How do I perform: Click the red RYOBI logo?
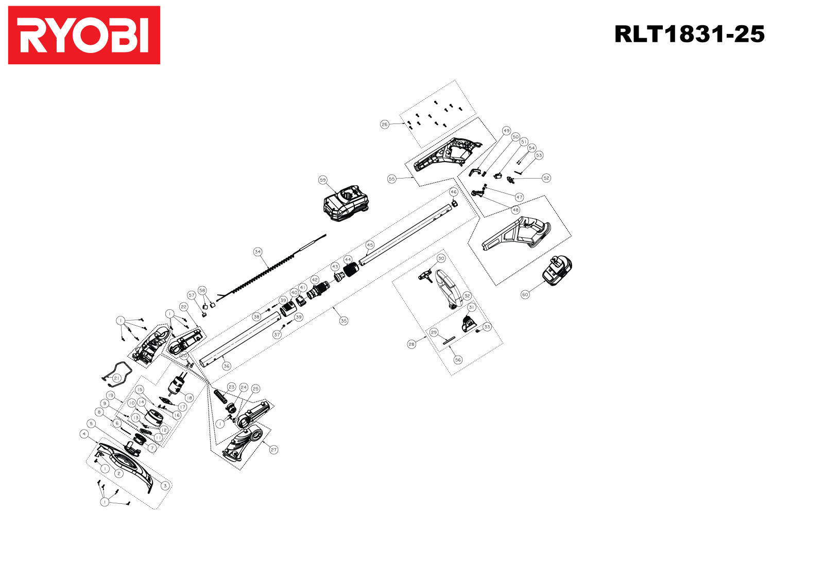coord(84,35)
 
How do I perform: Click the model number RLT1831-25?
coord(689,34)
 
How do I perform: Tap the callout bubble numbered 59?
coord(322,180)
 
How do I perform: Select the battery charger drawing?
coord(346,204)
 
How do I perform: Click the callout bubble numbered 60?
coord(525,295)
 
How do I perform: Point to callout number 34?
coord(257,252)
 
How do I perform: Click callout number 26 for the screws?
coord(384,125)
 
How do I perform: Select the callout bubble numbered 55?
coord(391,179)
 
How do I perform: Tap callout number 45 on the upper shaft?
coord(370,245)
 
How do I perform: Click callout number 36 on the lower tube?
coord(226,366)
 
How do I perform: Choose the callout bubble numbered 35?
coord(344,321)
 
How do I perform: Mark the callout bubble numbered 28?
coord(411,344)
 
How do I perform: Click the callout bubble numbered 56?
coord(458,360)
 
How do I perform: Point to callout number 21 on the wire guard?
coord(116,378)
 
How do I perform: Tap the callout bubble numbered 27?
coord(273,450)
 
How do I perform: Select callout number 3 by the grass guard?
coord(165,485)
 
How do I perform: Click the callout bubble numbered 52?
coord(546,178)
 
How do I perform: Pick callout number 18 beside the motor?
coord(189,398)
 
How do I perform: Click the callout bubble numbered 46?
coord(453,192)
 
